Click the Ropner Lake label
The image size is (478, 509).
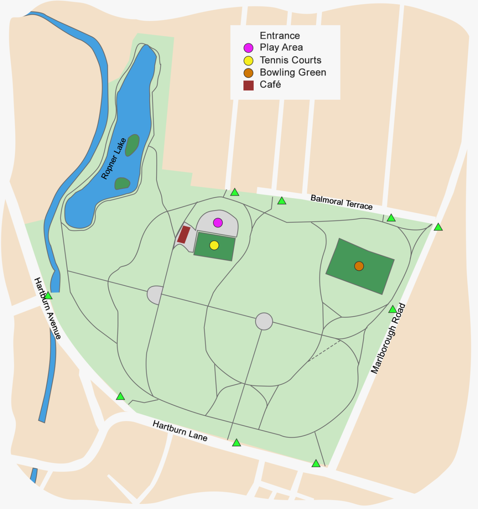(113, 158)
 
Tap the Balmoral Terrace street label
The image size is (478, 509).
(341, 202)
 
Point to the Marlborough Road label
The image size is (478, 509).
(388, 339)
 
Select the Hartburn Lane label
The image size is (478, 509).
(180, 431)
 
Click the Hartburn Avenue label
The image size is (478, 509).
(48, 308)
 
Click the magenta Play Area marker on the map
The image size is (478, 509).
(218, 223)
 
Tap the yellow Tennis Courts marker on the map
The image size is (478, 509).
(214, 245)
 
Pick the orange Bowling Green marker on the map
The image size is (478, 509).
(359, 266)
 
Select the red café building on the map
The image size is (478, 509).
(184, 234)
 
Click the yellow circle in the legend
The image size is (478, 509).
(249, 61)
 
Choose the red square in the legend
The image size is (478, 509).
(249, 86)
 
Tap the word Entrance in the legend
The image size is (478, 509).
(280, 36)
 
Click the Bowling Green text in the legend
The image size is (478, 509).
(293, 72)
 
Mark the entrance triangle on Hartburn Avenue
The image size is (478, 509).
(48, 296)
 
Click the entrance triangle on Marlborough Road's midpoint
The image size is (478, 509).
(392, 309)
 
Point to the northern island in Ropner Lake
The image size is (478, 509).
(132, 145)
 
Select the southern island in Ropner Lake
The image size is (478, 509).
(122, 184)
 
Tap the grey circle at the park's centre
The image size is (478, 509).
(264, 321)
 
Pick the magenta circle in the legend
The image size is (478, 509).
(249, 48)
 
